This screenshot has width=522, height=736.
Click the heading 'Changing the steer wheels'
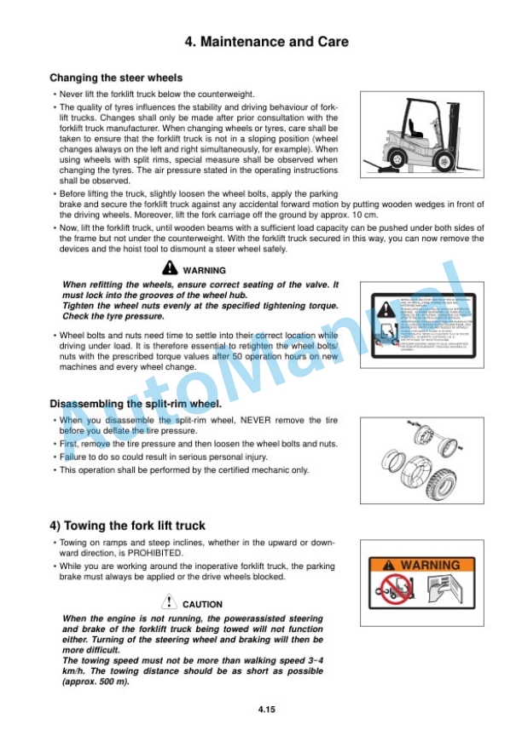pyautogui.click(x=116, y=78)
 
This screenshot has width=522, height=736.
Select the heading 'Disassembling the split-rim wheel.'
pyautogui.click(x=136, y=404)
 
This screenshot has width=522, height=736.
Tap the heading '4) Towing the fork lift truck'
pyautogui.click(x=127, y=526)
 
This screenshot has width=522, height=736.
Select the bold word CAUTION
pyautogui.click(x=202, y=605)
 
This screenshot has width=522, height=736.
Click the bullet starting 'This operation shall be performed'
pyautogui.click(x=183, y=470)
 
